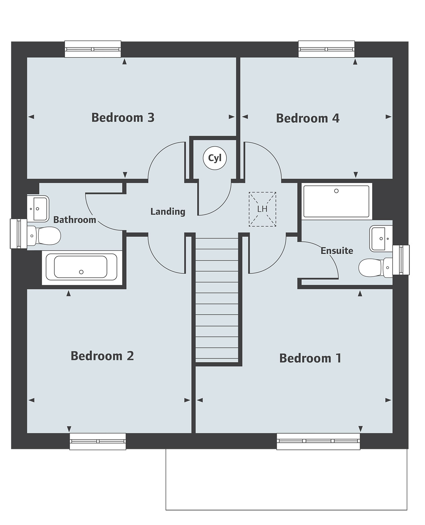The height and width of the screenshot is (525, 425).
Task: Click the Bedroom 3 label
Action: pyautogui.click(x=123, y=118)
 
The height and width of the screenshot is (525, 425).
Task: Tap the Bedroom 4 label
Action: pyautogui.click(x=307, y=118)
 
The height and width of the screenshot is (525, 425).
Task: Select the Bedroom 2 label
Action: pyautogui.click(x=102, y=356)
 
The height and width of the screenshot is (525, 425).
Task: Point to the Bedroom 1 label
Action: pyautogui.click(x=310, y=358)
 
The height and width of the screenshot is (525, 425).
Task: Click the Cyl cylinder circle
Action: pyautogui.click(x=215, y=158)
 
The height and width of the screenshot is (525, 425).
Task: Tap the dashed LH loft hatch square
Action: pyautogui.click(x=262, y=209)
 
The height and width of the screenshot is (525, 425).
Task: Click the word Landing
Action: pyautogui.click(x=168, y=211)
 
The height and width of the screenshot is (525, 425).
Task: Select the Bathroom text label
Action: pyautogui.click(x=74, y=220)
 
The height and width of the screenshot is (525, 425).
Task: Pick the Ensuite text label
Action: pyautogui.click(x=336, y=251)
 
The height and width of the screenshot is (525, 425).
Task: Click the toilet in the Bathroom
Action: pyautogui.click(x=45, y=235)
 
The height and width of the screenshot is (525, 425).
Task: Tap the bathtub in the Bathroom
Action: pyautogui.click(x=81, y=267)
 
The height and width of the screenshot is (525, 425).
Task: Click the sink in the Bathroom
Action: pyautogui.click(x=37, y=209)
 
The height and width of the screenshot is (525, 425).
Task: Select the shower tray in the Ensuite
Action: pyautogui.click(x=336, y=201)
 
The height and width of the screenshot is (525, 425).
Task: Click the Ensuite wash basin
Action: pyautogui.click(x=381, y=238)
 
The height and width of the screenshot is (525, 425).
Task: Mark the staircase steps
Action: pyautogui.click(x=217, y=300)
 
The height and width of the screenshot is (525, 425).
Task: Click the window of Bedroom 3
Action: pyautogui.click(x=93, y=49)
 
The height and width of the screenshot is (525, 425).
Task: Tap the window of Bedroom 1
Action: pyautogui.click(x=318, y=441)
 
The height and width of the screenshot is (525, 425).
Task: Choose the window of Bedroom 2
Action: pyautogui.click(x=98, y=441)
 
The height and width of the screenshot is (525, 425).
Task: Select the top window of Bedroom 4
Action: pyautogui.click(x=326, y=49)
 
